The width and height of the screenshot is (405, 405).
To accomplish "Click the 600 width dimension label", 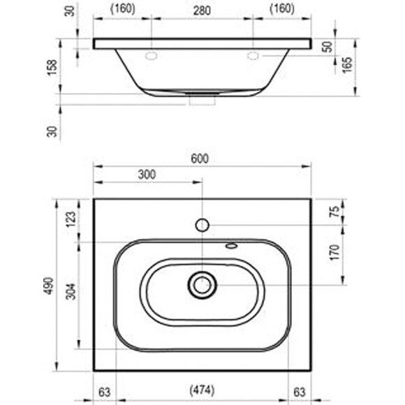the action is coord(200,159).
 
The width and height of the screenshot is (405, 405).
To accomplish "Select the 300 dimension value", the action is coord(147,175).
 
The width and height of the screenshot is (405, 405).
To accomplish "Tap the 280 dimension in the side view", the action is coord(202,10).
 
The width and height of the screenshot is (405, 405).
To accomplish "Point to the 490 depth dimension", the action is coord(49,286).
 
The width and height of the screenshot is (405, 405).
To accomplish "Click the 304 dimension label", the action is coord(71,291).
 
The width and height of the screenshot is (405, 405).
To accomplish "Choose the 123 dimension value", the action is coord(71,219).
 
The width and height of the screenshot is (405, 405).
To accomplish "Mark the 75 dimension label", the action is coord(335,212).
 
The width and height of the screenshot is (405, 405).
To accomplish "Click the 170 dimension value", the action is coord(334,253).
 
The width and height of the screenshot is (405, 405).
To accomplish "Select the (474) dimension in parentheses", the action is coord(202,390).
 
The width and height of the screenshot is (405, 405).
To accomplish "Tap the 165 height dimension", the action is coord(347,65).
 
